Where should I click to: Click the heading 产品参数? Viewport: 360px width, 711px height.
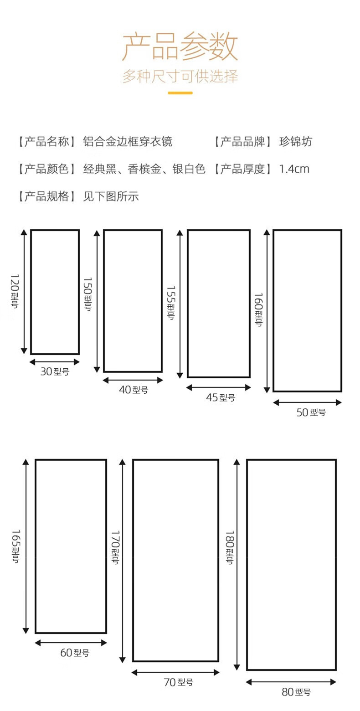point(180,47)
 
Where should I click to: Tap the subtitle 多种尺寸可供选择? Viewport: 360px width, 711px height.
point(180,76)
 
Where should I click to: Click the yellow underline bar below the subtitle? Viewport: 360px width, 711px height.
point(180,93)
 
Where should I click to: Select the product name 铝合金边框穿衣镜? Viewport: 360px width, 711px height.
point(128,142)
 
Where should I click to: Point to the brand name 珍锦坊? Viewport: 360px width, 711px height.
point(296,142)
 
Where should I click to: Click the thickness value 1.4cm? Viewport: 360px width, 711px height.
point(294,169)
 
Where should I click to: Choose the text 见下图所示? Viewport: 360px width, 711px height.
point(111,196)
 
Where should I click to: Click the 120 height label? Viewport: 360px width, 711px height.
point(14,291)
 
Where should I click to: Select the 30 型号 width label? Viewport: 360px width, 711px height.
point(55,372)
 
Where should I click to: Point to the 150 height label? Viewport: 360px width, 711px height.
point(87,294)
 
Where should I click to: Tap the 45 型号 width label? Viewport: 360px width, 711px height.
point(221,398)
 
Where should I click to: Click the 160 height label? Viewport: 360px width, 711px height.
point(258,309)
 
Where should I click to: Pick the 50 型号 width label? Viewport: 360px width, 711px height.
point(311,413)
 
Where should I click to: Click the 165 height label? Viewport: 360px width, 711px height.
point(15,546)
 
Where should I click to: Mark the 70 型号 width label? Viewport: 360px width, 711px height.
point(178,682)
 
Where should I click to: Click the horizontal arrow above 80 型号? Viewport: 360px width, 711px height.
point(291,682)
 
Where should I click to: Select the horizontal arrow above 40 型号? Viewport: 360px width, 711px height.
point(133,380)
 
